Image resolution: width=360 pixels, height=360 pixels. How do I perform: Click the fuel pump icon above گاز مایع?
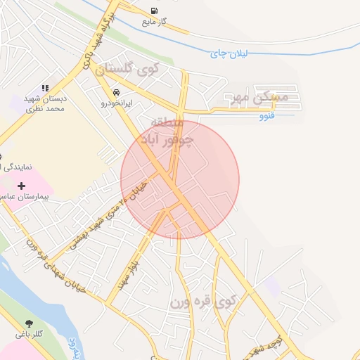154,10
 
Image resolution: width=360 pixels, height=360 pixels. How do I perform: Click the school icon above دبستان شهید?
45,89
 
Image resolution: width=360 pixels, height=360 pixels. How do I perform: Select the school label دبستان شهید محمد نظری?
44,104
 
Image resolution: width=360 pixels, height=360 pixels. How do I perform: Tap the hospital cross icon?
21,186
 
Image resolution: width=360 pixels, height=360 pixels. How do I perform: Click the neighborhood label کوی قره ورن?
204,302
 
